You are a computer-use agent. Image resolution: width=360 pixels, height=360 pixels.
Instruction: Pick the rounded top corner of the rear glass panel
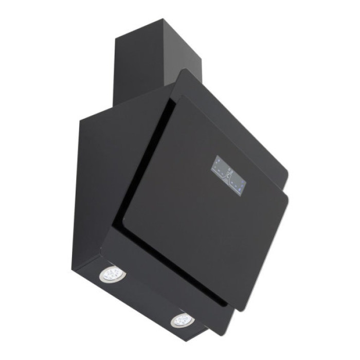184,71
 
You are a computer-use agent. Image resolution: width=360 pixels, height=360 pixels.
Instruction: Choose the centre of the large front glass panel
206,206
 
